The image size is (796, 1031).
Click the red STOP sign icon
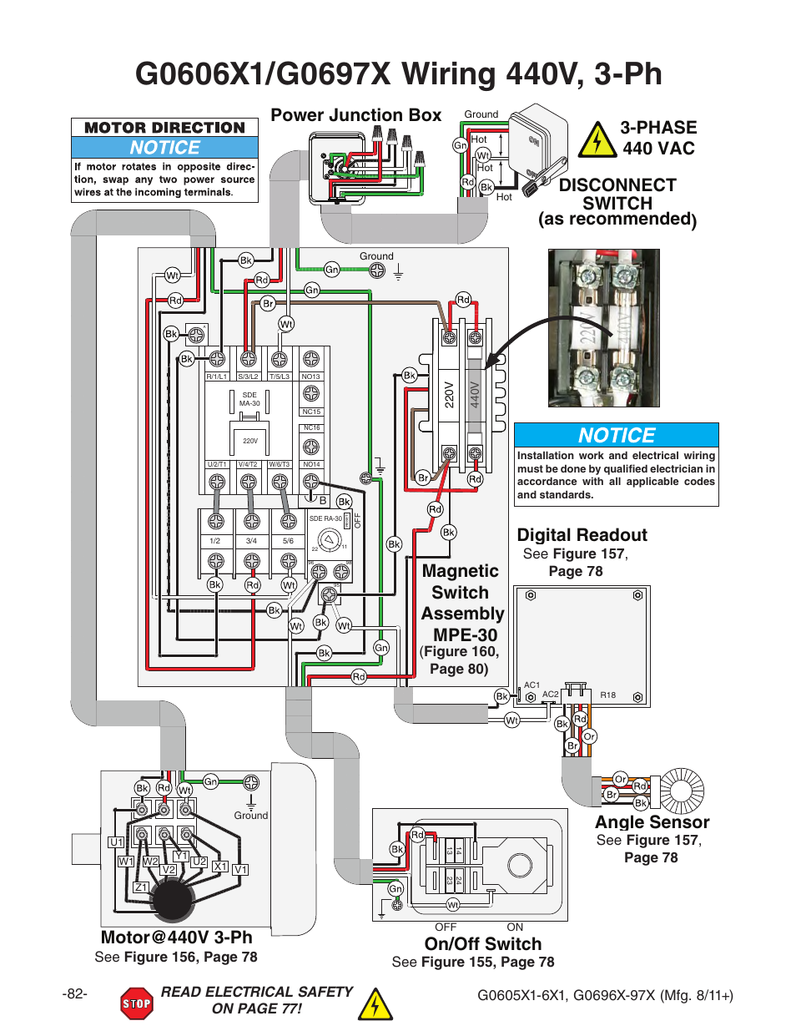click(136, 1003)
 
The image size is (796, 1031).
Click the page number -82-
click(74, 993)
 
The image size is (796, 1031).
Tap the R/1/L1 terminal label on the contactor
click(216, 377)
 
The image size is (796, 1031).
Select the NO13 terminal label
click(310, 377)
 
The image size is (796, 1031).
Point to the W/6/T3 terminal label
click(279, 464)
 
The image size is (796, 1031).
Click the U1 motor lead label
click(117, 842)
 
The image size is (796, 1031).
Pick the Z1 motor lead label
click(141, 887)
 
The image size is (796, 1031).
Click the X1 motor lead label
click(220, 867)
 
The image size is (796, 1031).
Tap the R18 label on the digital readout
click(608, 695)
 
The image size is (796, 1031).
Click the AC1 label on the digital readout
click(532, 685)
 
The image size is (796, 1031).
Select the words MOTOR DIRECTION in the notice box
click(164, 128)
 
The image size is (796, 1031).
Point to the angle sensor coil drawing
click(683, 791)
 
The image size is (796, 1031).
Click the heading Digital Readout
click(582, 535)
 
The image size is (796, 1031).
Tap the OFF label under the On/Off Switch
click(446, 927)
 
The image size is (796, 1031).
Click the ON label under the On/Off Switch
click(515, 927)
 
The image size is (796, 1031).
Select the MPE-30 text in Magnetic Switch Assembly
click(465, 634)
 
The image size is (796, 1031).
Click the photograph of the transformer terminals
click(603, 327)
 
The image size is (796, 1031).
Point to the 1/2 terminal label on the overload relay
click(215, 541)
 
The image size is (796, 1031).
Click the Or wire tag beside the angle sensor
click(620, 779)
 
